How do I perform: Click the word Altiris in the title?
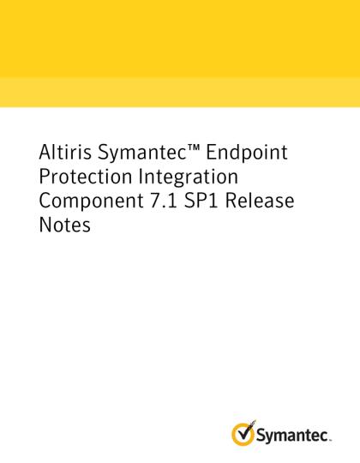tap(65, 152)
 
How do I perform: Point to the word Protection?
tap(85, 177)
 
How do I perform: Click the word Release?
tap(260, 201)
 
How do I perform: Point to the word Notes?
tap(64, 225)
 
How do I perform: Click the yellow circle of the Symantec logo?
tap(243, 434)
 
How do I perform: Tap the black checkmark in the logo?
tap(246, 431)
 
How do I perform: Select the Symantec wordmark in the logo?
tap(293, 436)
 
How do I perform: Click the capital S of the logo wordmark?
tap(261, 435)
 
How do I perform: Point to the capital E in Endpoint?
tap(211, 153)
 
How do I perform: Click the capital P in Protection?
tap(45, 177)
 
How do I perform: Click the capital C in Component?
tap(45, 201)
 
